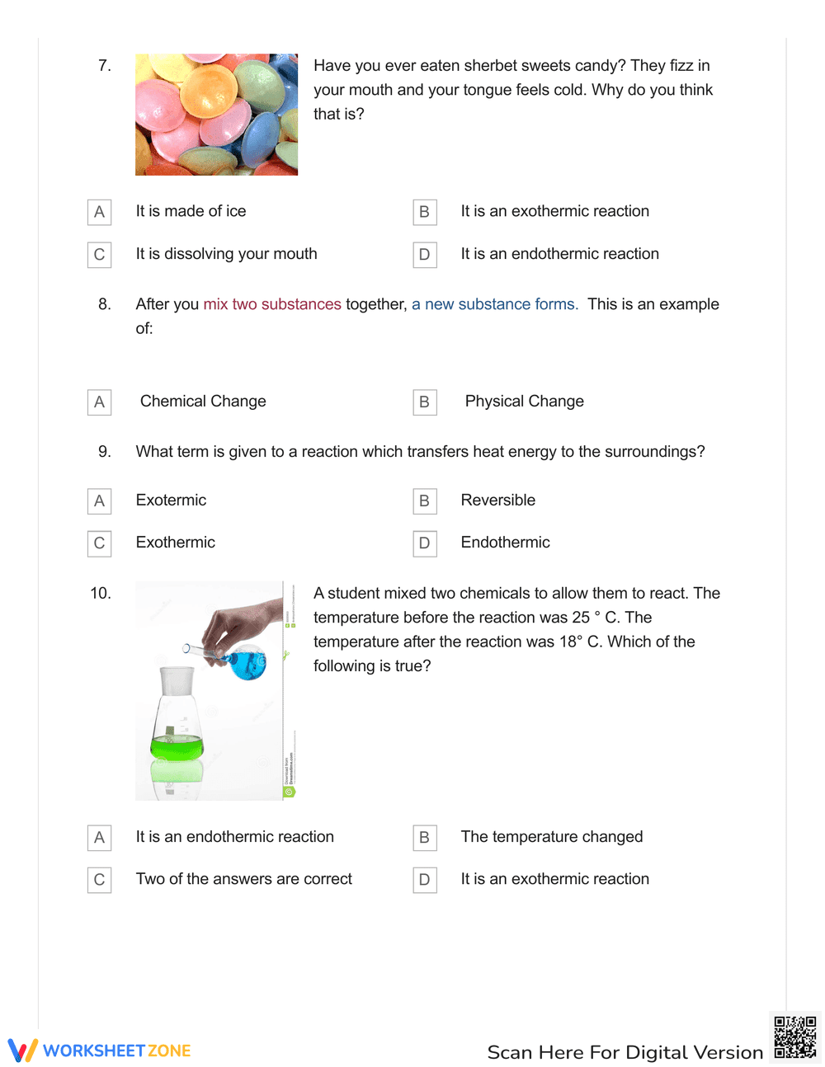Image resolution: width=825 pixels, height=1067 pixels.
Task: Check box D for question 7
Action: click(x=424, y=255)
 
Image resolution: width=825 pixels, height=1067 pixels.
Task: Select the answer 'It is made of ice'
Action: click(x=191, y=211)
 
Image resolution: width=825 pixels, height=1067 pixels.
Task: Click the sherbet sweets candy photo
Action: click(x=216, y=115)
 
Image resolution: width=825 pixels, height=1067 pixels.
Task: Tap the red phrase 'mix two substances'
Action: click(x=271, y=304)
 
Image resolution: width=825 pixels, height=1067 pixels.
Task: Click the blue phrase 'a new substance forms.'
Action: click(x=494, y=304)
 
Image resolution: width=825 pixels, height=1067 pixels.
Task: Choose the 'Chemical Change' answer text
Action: click(x=203, y=402)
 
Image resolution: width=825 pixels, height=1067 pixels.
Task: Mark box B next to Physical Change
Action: click(x=424, y=402)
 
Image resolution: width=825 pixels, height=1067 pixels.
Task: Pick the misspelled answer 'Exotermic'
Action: click(x=171, y=501)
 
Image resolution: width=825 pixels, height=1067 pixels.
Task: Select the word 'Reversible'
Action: click(x=497, y=501)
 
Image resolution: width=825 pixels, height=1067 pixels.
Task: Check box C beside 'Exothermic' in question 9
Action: click(x=99, y=543)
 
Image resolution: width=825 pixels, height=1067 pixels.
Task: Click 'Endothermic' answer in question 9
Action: click(x=505, y=543)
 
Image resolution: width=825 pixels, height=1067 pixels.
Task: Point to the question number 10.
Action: click(x=100, y=594)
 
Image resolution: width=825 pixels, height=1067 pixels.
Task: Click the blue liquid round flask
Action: click(x=247, y=663)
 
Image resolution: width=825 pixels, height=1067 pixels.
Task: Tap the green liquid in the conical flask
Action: click(x=177, y=748)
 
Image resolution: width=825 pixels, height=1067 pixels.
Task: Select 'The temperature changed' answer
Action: click(x=551, y=837)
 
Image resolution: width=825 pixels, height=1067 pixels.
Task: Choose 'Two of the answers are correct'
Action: click(x=243, y=879)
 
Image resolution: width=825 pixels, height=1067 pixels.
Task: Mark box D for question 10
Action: click(x=424, y=880)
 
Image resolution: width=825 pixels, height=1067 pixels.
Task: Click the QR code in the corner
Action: click(x=794, y=1037)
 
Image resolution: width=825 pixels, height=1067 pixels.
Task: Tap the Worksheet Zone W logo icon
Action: click(x=22, y=1051)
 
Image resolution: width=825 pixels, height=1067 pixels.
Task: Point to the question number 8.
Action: click(x=105, y=304)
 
